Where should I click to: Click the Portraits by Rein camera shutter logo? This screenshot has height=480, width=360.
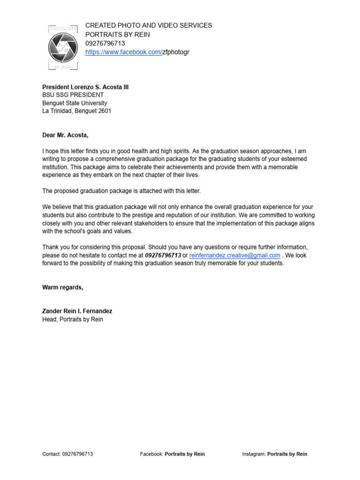click(63, 47)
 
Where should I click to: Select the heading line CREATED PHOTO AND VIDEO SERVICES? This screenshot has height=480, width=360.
click(149, 25)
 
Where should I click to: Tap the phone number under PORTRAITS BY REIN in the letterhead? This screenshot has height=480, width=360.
click(105, 43)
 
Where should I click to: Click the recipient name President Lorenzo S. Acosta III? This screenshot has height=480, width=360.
click(85, 87)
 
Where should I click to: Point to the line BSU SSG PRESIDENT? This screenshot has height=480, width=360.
click(73, 95)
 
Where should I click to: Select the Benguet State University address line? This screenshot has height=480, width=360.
click(75, 103)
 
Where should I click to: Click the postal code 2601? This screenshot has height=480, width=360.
click(105, 111)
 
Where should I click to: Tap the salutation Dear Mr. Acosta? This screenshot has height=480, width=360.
click(65, 135)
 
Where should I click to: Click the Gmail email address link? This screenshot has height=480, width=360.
click(235, 255)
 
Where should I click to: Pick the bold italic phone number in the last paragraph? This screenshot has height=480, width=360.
click(163, 255)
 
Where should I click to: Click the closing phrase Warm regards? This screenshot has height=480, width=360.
click(63, 287)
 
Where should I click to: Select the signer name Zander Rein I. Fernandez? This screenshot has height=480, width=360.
click(77, 311)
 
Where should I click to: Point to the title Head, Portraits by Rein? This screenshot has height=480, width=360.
click(73, 319)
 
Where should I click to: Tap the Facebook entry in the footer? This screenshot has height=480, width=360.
click(172, 454)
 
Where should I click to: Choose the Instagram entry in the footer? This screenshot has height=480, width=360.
click(275, 454)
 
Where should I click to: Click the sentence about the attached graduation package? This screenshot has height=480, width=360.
click(121, 191)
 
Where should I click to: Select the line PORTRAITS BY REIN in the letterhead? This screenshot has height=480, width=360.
click(118, 34)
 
